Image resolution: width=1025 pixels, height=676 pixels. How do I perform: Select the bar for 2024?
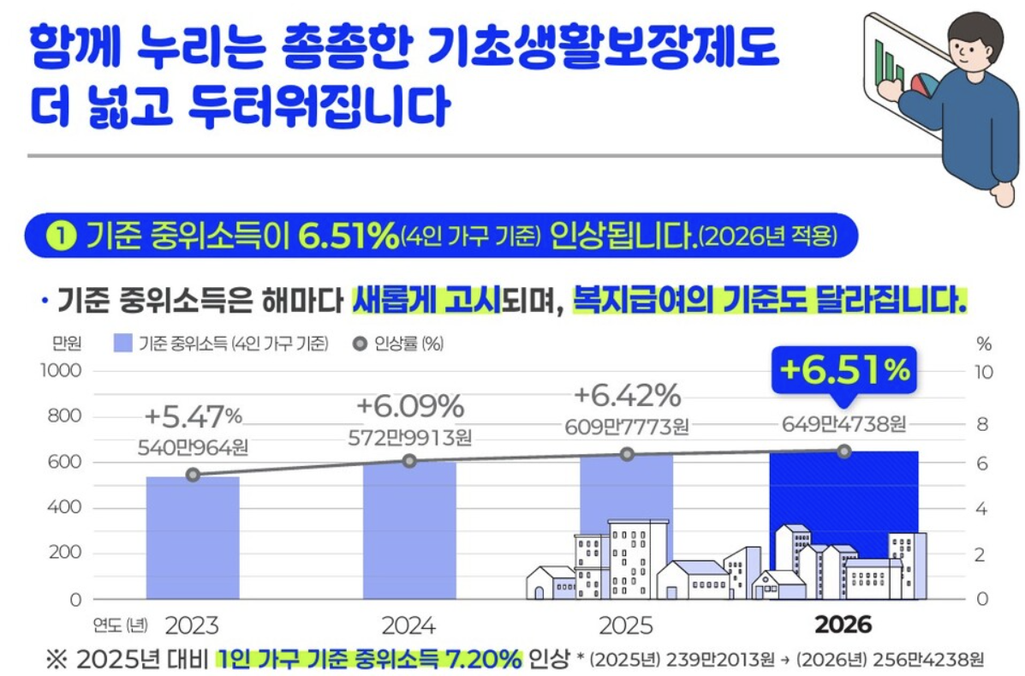coord(409,531)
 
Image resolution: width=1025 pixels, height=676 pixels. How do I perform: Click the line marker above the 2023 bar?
coord(193,475)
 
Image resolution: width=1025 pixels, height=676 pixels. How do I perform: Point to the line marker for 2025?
coord(627,454)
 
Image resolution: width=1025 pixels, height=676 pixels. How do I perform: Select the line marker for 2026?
coord(844,451)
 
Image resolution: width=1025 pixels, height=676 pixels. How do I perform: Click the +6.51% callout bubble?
coord(843,371)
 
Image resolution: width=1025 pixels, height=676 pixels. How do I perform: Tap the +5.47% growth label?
coord(194,416)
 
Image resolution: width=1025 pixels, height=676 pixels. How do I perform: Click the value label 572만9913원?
coord(410,437)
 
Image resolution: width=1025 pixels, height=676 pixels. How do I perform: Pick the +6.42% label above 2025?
coord(627,396)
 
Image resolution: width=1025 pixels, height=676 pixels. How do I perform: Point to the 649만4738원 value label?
coord(844,424)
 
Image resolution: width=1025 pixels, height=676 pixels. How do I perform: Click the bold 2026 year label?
coord(843,625)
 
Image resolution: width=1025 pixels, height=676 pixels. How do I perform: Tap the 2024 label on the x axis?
coord(408,625)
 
